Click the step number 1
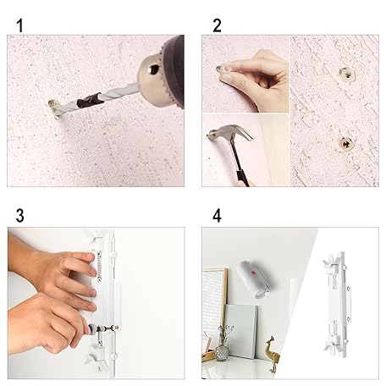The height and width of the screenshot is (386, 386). [x=19, y=25]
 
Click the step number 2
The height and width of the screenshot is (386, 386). [x=217, y=25]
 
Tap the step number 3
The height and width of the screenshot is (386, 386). [x=19, y=216]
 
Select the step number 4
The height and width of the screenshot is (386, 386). [x=217, y=216]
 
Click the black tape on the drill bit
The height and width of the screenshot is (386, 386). [x=89, y=100]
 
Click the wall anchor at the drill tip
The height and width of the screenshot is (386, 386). [x=53, y=108]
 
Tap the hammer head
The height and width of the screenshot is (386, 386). [x=230, y=133]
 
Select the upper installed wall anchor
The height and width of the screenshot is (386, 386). [x=347, y=75]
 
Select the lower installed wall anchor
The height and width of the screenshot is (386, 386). [x=346, y=145]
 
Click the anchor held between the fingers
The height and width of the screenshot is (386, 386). [x=223, y=69]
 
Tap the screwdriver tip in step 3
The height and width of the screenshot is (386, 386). [x=116, y=328]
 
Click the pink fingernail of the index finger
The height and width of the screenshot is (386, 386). [x=91, y=256]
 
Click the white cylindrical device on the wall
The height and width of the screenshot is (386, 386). [x=251, y=278]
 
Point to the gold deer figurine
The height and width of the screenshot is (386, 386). [x=273, y=353]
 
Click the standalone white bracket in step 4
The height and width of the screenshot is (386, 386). [x=338, y=305]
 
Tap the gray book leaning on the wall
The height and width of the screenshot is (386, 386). [x=242, y=331]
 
